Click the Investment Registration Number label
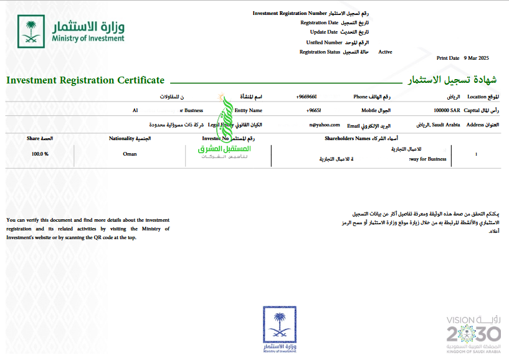(289, 13)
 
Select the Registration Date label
(319, 22)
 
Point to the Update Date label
(324, 32)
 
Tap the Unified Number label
(324, 42)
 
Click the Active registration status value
(385, 52)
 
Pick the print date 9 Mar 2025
(477, 57)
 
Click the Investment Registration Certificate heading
(85, 80)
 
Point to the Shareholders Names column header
(347, 138)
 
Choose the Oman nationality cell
(130, 154)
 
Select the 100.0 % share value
(40, 154)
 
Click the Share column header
(34, 138)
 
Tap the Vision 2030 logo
(473, 333)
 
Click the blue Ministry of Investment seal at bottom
(279, 329)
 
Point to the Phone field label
(361, 97)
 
